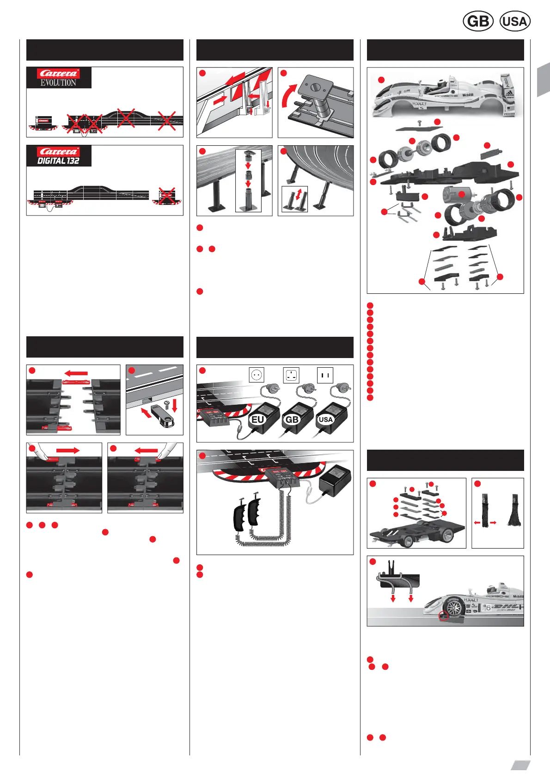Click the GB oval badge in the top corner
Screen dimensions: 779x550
478,21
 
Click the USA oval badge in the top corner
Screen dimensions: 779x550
515,21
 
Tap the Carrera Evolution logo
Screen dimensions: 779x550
59,78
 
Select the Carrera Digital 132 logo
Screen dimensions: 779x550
59,156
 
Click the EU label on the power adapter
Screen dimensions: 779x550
257,420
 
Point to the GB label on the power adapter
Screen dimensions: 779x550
292,420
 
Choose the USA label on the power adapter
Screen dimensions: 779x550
326,420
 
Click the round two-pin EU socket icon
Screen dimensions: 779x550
257,375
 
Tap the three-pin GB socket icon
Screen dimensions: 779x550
291,375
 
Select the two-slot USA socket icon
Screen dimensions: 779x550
325,375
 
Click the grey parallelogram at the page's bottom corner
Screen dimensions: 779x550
520,766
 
